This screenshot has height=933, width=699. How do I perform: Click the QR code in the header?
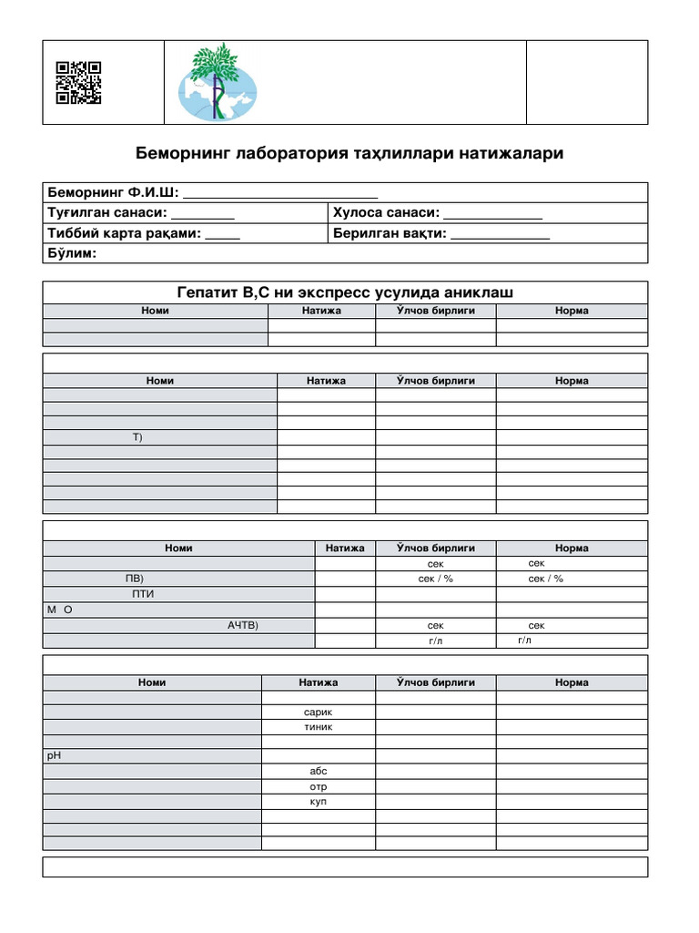[x=78, y=82]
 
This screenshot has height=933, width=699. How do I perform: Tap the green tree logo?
[x=218, y=83]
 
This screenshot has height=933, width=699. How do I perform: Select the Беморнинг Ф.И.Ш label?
[x=113, y=192]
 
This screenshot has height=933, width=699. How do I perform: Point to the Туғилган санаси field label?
[x=106, y=212]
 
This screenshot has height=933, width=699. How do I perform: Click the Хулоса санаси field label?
[x=386, y=212]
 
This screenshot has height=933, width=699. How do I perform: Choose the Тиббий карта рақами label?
[x=123, y=233]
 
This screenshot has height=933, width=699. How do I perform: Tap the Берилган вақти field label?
[x=390, y=233]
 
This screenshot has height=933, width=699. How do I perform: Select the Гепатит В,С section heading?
[x=345, y=292]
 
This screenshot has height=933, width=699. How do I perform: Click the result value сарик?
[x=319, y=712]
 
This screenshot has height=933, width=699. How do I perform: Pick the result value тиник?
[x=319, y=727]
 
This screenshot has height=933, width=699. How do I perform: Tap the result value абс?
[x=319, y=771]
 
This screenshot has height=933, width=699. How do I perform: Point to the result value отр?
[x=319, y=786]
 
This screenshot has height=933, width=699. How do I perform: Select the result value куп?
[x=319, y=801]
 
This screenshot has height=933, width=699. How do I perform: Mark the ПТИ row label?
[x=143, y=594]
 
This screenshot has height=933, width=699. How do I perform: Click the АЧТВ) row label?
[x=243, y=625]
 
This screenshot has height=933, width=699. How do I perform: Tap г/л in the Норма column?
[x=524, y=641]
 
